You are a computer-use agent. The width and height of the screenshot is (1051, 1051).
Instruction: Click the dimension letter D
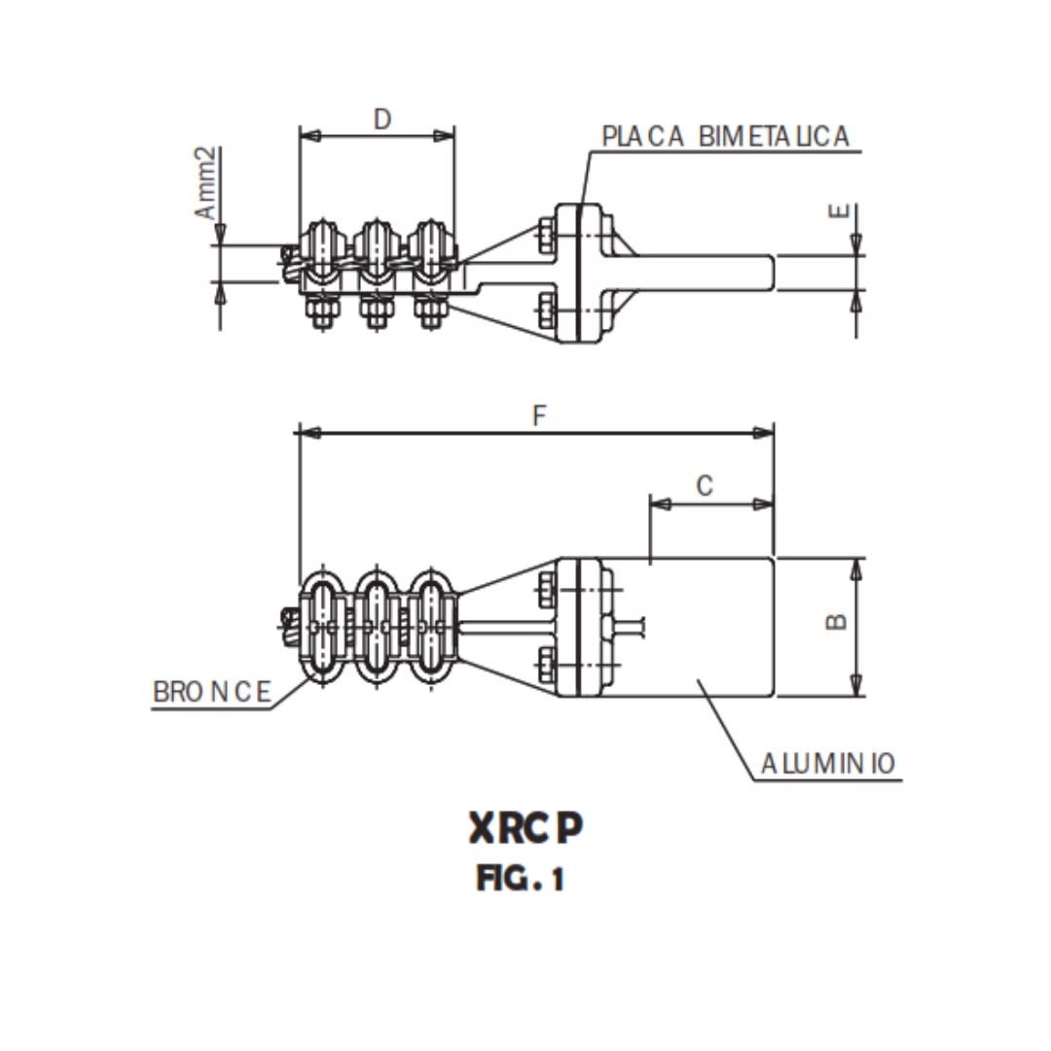(382, 119)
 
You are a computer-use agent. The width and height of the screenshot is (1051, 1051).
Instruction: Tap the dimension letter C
(706, 486)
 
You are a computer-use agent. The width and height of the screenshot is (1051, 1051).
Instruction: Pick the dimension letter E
(842, 212)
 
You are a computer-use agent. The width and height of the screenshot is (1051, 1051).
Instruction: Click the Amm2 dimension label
(206, 183)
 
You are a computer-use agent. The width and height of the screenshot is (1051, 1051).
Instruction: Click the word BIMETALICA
(774, 137)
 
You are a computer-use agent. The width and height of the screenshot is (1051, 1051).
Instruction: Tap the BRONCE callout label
(212, 692)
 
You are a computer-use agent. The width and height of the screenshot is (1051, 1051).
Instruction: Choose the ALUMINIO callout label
(828, 764)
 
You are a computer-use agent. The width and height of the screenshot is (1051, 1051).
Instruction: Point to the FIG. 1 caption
(521, 880)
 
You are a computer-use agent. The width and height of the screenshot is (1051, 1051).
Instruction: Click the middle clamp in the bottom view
(377, 626)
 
